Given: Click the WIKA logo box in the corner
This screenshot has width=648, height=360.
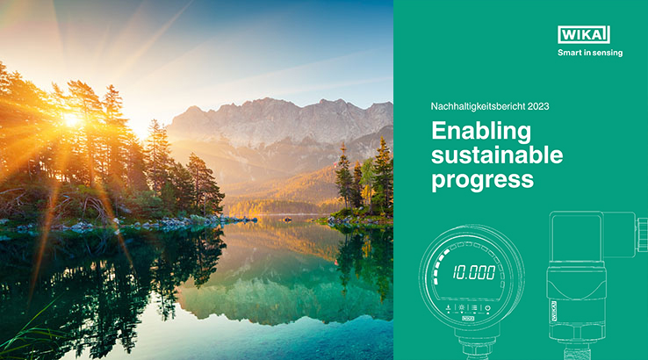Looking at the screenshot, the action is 584,35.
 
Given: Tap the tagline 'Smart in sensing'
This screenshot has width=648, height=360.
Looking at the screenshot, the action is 590,53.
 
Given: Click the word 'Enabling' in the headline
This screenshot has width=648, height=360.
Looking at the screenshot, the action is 481,132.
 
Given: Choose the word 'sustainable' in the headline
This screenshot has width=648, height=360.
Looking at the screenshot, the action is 497,155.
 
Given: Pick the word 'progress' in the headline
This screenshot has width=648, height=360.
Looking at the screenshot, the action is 482,180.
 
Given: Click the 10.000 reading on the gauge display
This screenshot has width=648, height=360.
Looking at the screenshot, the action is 473,272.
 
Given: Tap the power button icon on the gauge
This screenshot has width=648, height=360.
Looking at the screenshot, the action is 487,308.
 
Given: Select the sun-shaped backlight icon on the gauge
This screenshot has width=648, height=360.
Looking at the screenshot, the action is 461,307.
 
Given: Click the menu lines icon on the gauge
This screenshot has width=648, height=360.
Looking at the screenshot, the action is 474,308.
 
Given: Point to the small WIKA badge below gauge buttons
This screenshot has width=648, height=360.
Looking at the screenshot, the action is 468,318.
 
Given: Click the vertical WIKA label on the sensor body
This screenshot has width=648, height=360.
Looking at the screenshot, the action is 554,311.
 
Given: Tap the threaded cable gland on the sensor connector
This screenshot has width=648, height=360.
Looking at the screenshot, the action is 642,234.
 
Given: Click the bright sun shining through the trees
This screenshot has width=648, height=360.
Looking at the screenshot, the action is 71,120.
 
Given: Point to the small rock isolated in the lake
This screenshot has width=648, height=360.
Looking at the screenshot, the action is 287,220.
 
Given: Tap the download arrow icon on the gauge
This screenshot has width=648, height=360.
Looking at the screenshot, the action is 449,308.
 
